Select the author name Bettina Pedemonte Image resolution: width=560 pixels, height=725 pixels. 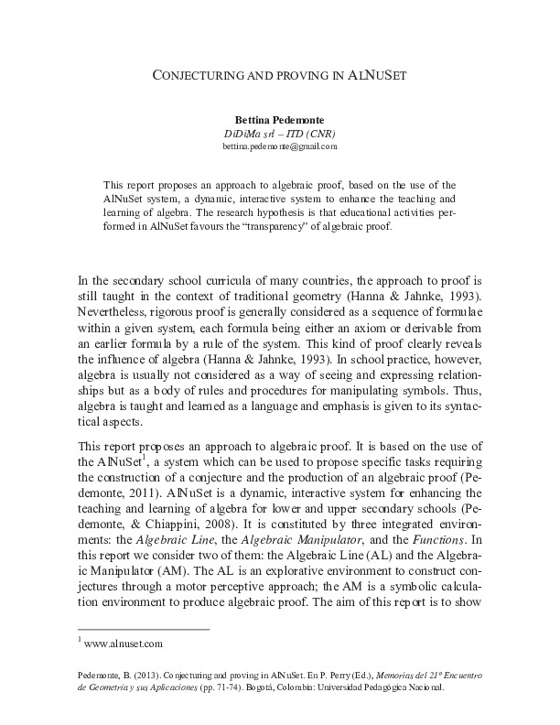(x=279, y=120)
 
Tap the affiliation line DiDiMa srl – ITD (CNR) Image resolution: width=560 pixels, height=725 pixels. (x=279, y=133)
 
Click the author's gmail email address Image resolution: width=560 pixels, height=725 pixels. (x=279, y=146)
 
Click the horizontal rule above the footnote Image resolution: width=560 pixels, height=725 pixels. (x=144, y=629)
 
